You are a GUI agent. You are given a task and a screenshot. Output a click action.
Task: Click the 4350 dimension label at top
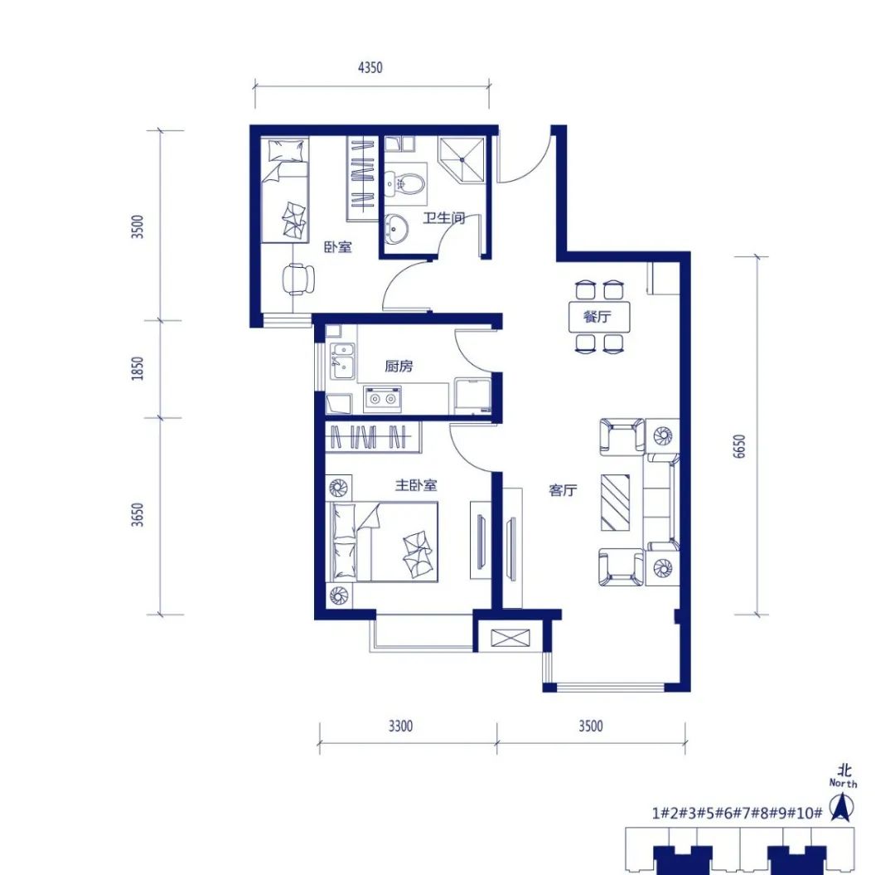370,67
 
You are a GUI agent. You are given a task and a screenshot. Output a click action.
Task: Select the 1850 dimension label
138,368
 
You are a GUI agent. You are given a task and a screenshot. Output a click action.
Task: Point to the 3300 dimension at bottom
400,726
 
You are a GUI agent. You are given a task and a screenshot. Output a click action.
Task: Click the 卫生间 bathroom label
443,217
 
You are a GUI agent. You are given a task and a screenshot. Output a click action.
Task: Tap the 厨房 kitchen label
399,366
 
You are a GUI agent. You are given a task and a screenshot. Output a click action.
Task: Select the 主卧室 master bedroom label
416,485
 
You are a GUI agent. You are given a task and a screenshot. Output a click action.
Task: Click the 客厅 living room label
563,490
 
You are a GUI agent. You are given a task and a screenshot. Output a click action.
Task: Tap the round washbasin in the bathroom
397,228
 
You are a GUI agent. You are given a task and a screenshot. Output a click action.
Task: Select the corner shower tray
462,158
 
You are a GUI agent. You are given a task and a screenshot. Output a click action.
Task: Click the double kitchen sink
342,361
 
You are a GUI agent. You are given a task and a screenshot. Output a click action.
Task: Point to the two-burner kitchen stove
382,399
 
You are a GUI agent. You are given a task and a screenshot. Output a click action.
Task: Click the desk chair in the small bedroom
298,279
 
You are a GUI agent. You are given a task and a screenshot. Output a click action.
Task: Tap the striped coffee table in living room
615,502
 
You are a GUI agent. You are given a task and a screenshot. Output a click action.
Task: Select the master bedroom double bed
385,542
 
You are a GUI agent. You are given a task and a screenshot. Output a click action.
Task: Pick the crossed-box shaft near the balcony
510,638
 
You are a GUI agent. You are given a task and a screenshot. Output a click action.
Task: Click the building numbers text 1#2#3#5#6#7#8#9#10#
737,812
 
